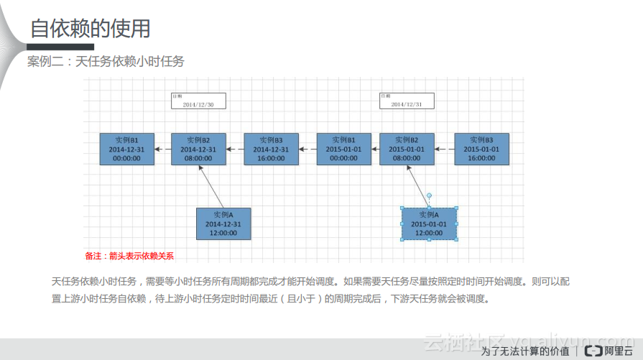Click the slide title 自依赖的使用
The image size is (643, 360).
(x=90, y=29)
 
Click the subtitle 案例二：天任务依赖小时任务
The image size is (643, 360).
(x=106, y=62)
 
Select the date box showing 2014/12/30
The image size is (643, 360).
(x=198, y=101)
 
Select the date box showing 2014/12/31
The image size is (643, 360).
(x=407, y=101)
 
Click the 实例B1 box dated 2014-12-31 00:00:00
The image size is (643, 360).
(x=126, y=149)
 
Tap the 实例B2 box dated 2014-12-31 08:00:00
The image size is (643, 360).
(x=198, y=149)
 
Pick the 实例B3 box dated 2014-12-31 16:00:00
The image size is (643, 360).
(x=271, y=149)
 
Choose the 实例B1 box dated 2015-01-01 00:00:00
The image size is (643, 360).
(x=343, y=149)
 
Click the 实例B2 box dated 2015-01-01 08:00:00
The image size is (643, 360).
(x=407, y=149)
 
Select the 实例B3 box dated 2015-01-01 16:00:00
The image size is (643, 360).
(x=481, y=149)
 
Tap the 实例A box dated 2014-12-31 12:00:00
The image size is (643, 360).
(x=223, y=223)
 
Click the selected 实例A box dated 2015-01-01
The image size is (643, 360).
(x=429, y=223)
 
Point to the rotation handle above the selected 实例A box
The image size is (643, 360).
(x=429, y=195)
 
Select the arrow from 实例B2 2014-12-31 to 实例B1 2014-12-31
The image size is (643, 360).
(x=163, y=149)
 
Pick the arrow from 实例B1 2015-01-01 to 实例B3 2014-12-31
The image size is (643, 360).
(x=307, y=149)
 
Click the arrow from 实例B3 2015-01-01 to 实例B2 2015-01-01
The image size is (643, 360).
(x=445, y=149)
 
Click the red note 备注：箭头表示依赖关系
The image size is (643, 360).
(x=129, y=255)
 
